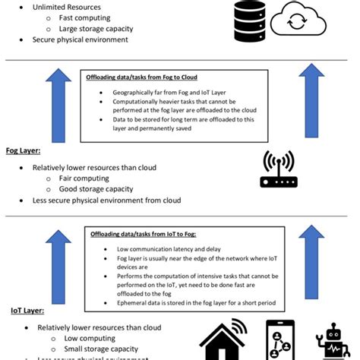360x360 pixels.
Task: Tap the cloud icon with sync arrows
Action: click(x=298, y=21)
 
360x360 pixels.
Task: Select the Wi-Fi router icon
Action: click(x=279, y=170)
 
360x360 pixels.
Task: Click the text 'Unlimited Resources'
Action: click(x=67, y=7)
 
